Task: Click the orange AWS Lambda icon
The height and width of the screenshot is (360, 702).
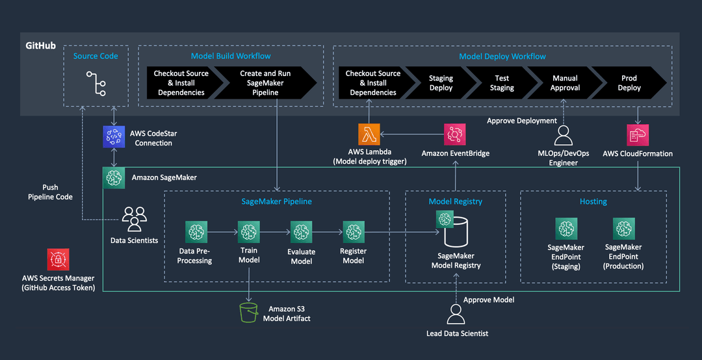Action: (x=369, y=135)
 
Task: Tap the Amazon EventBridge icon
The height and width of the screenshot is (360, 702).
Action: (x=454, y=135)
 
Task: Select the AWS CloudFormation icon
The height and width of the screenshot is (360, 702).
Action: (x=637, y=135)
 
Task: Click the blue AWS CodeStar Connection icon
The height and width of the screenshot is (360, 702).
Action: (x=114, y=137)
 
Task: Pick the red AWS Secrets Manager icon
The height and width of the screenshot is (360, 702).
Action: (x=58, y=259)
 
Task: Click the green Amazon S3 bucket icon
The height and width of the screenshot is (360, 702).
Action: (x=248, y=311)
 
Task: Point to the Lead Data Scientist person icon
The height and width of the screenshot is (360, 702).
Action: (x=456, y=315)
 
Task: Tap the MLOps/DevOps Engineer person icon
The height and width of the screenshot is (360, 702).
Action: (x=564, y=135)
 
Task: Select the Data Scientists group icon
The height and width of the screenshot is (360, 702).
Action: (x=135, y=219)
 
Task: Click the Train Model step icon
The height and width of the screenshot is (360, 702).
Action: (x=249, y=231)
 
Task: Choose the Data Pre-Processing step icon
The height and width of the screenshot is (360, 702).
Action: (x=196, y=231)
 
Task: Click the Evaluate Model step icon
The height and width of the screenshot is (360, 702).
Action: (x=301, y=231)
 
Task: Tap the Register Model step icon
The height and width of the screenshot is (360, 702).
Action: (x=353, y=231)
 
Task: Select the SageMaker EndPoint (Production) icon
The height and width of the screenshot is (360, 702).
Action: (x=623, y=229)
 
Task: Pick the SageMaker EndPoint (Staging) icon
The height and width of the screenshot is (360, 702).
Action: (x=566, y=229)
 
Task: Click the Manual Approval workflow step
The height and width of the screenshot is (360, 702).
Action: (x=565, y=83)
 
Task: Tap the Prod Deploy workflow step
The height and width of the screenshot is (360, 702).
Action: (x=629, y=83)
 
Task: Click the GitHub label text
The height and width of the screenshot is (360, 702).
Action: (x=40, y=47)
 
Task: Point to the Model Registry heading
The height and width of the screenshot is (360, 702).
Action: (x=455, y=201)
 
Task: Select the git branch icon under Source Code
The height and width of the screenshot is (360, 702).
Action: (x=96, y=83)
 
